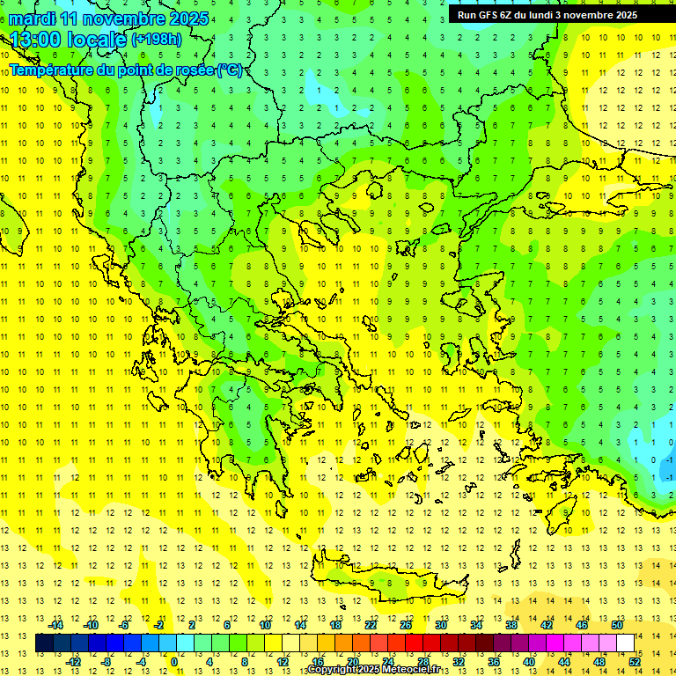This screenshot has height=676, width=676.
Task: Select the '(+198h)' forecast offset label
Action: [x=157, y=39]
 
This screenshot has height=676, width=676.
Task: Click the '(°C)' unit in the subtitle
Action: [x=230, y=70]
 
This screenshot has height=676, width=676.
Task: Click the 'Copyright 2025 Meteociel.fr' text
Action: [x=373, y=670]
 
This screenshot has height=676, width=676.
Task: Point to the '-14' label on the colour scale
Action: [x=55, y=625]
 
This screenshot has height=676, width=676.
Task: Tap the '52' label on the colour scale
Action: [x=635, y=661]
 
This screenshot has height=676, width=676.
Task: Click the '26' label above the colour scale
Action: [x=406, y=625]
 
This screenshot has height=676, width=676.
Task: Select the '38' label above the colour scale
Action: [x=511, y=625]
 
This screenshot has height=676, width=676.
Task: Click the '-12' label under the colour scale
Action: [x=73, y=661]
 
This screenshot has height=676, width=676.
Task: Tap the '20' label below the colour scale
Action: [x=353, y=661]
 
